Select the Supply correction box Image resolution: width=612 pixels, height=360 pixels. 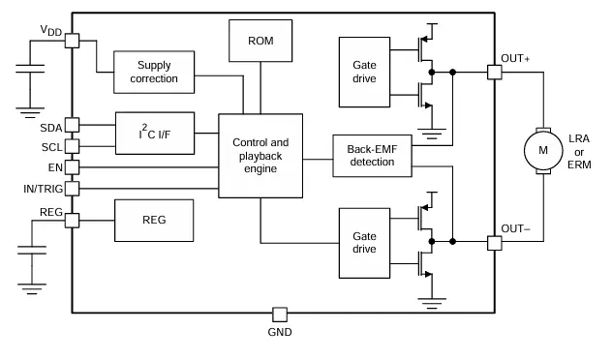point(154,72)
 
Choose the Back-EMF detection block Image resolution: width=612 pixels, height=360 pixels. point(370,155)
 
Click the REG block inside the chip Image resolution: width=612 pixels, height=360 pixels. point(154,220)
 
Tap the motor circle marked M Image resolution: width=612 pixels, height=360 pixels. point(542,151)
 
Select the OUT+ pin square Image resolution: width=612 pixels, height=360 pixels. point(494,73)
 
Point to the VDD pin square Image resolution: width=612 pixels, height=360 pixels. point(72,42)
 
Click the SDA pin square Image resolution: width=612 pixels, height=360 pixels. point(72,124)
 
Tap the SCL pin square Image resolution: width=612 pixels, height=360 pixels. point(72,146)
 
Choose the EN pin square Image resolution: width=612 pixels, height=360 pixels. point(72,166)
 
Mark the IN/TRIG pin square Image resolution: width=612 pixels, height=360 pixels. point(72,188)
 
